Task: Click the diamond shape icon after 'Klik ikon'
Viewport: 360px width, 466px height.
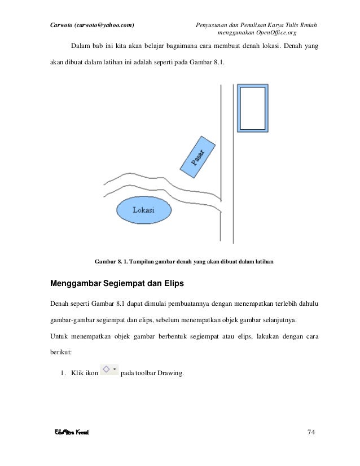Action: point(105,370)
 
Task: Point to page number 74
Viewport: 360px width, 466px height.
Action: point(310,433)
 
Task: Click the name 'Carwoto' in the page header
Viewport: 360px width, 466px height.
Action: point(62,24)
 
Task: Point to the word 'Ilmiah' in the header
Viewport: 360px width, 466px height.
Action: point(305,24)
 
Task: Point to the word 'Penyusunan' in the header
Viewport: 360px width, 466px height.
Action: point(212,24)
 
